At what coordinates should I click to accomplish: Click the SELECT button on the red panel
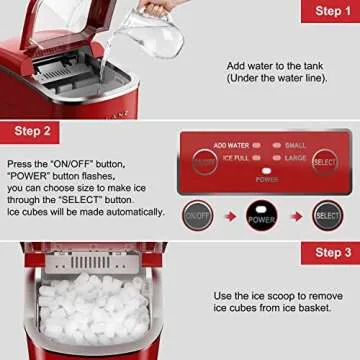coord(324,160)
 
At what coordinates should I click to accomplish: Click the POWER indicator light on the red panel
coord(266,172)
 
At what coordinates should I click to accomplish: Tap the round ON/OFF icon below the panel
coord(198,215)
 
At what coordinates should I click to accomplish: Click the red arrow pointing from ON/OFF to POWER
coord(230,215)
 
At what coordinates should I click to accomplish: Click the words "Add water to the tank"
coord(274,65)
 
